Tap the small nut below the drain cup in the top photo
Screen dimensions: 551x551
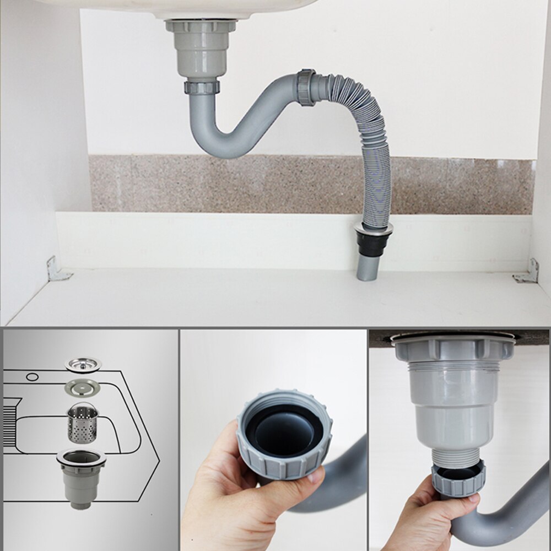click(201, 87)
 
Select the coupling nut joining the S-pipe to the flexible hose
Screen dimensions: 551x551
click(306, 87)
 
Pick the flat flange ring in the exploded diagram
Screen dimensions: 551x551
click(83, 387)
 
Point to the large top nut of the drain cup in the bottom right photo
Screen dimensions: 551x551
click(453, 350)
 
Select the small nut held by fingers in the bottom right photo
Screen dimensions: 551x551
click(457, 478)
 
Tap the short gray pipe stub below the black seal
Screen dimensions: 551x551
click(368, 268)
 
